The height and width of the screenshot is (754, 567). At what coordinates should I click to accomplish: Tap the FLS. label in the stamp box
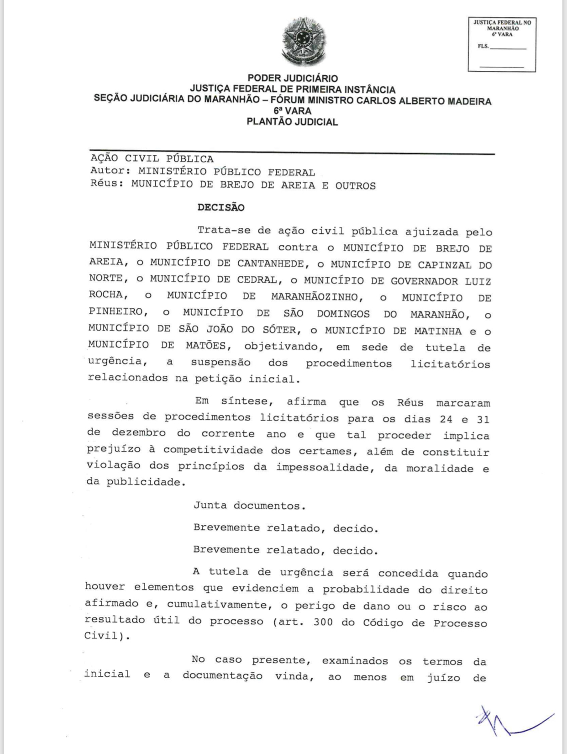[483, 46]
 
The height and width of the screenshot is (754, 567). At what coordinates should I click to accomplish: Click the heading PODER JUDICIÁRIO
[293, 79]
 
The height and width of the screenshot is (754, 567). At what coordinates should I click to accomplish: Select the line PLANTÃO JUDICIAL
[292, 122]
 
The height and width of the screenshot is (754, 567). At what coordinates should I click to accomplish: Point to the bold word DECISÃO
[221, 208]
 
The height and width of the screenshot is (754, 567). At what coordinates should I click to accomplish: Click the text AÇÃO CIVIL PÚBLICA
[152, 159]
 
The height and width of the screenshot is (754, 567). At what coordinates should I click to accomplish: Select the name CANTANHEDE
[270, 264]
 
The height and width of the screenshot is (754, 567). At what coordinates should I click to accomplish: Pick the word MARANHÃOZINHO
[315, 297]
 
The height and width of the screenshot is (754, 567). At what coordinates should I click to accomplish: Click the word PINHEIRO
[115, 312]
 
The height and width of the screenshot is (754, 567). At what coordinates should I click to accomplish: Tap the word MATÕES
[205, 345]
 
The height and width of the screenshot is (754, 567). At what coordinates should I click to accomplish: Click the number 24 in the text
[446, 419]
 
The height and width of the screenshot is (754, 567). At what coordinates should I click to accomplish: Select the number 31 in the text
[483, 419]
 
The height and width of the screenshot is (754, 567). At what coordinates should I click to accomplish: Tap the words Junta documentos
[249, 506]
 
